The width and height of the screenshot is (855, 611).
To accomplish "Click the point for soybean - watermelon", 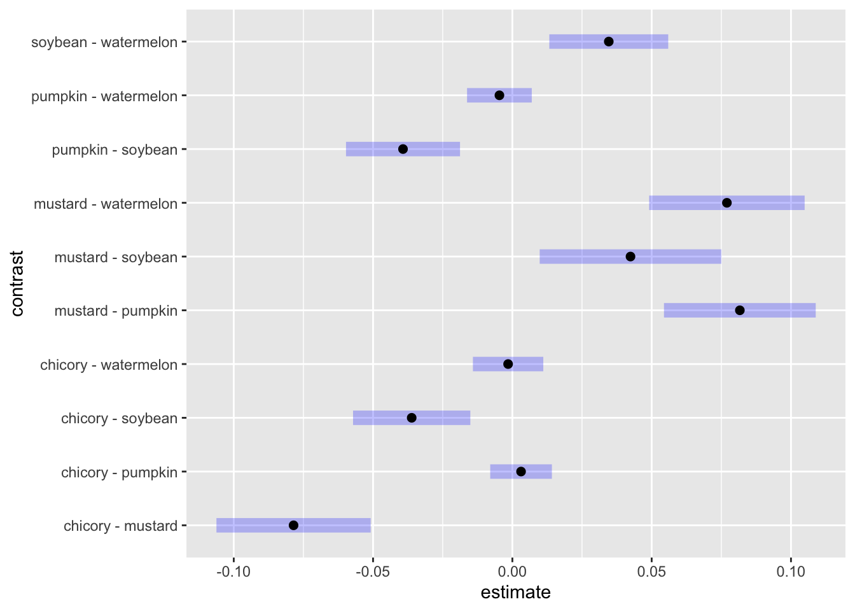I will click(608, 41).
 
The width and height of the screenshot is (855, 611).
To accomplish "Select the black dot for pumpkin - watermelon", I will click(499, 95).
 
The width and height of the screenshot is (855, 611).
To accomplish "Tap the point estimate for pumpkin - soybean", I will click(403, 149).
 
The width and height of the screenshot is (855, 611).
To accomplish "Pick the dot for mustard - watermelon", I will click(726, 203).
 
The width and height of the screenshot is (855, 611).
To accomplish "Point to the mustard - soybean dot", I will click(630, 256).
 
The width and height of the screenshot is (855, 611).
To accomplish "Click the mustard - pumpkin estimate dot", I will click(740, 311).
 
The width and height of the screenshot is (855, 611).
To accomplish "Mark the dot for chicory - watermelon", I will click(508, 364).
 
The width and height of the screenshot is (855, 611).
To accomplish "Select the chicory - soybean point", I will click(412, 418).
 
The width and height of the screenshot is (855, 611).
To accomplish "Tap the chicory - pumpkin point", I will click(521, 472).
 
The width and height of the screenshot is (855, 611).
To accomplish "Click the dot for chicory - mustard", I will click(293, 525).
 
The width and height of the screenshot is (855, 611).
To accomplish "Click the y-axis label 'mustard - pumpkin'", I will click(116, 311).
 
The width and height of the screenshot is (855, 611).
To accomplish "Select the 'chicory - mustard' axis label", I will click(120, 526).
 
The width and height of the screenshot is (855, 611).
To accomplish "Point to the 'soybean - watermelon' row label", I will click(104, 43).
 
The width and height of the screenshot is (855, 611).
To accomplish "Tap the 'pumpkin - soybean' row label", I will click(115, 150).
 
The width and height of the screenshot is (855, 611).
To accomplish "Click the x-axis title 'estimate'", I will click(515, 593).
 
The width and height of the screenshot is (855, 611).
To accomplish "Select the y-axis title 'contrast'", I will click(17, 283).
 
